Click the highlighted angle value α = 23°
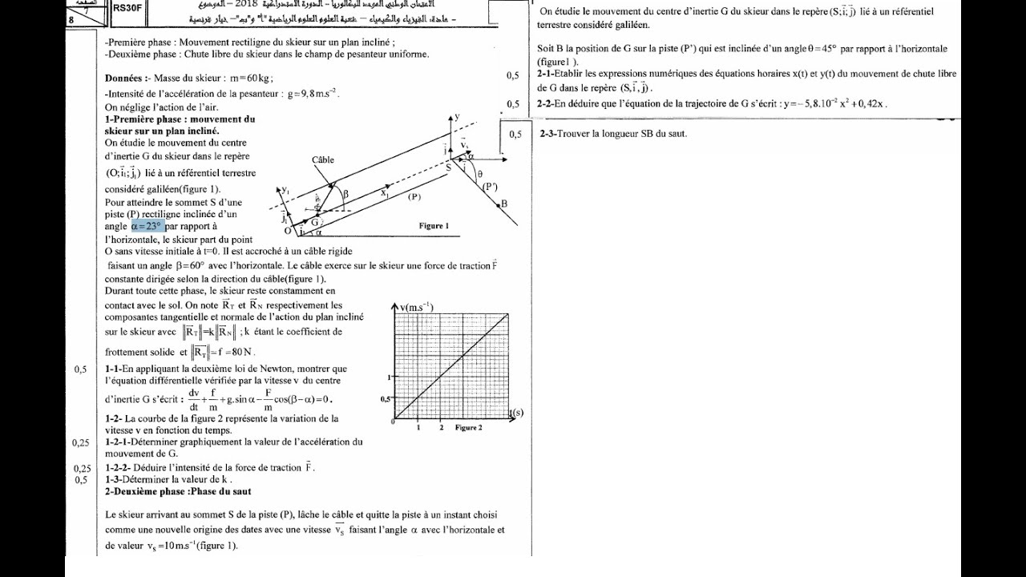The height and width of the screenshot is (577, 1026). [x=147, y=227]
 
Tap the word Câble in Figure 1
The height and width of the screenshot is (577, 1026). [x=323, y=160]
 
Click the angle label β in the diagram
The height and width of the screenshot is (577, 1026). [x=345, y=194]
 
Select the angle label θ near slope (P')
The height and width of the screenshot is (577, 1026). [x=479, y=174]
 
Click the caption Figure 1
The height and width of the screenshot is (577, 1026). [x=434, y=226]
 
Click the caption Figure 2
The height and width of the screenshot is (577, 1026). [x=468, y=428]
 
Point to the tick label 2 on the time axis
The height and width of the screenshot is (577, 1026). [x=441, y=428]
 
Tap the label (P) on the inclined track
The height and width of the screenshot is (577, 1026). [x=414, y=196]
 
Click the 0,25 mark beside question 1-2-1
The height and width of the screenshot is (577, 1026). [x=81, y=442]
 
